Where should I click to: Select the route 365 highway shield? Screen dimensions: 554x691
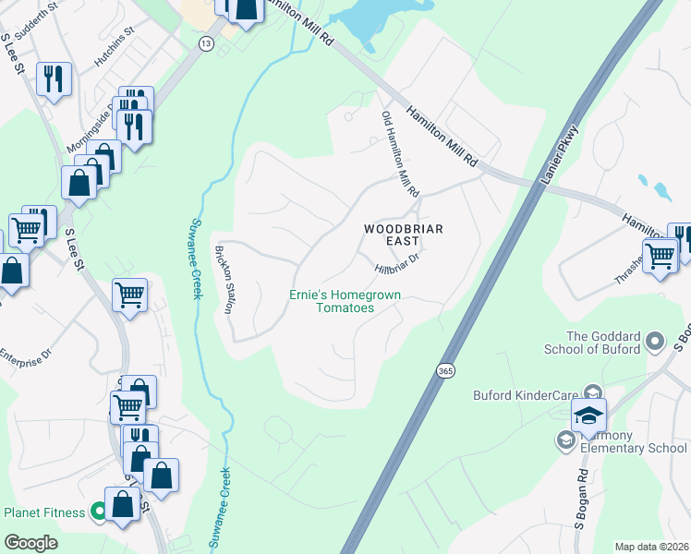click(445, 369)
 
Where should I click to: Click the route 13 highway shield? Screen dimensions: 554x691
click(204, 43)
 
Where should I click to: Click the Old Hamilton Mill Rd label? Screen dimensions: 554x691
click(400, 154)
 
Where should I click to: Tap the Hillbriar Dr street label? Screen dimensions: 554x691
click(398, 261)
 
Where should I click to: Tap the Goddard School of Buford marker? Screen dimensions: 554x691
click(656, 341)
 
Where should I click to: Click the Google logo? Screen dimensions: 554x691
click(30, 543)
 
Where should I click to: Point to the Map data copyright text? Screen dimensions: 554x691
click(651, 547)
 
